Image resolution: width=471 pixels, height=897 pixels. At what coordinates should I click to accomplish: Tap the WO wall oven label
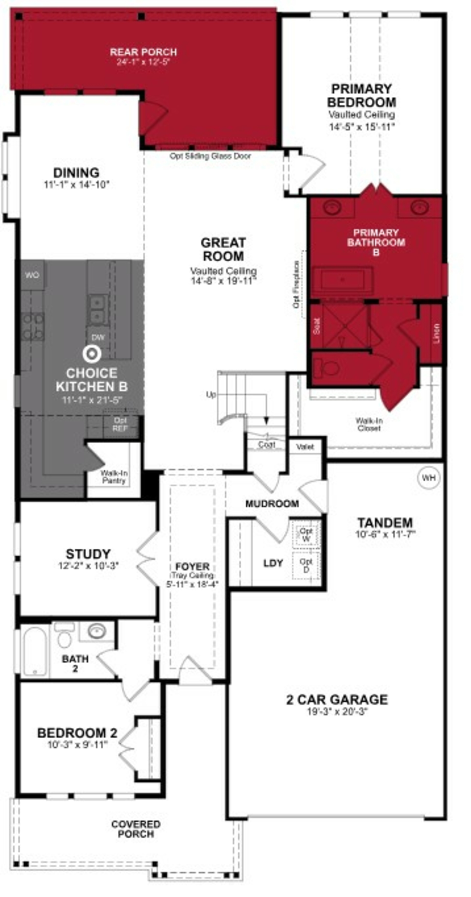(x=32, y=275)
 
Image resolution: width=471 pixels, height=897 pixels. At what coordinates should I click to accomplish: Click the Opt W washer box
(x=306, y=534)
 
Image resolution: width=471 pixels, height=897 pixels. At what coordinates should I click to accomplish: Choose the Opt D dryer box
(x=306, y=566)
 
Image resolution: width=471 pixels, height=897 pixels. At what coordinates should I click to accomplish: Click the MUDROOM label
(x=272, y=504)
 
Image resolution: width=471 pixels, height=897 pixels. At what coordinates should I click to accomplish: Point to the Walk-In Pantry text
(x=114, y=477)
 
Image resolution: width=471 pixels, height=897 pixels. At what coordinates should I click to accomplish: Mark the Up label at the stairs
(x=211, y=395)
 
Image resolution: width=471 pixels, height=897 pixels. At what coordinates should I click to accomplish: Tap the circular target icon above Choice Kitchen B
(x=92, y=354)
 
